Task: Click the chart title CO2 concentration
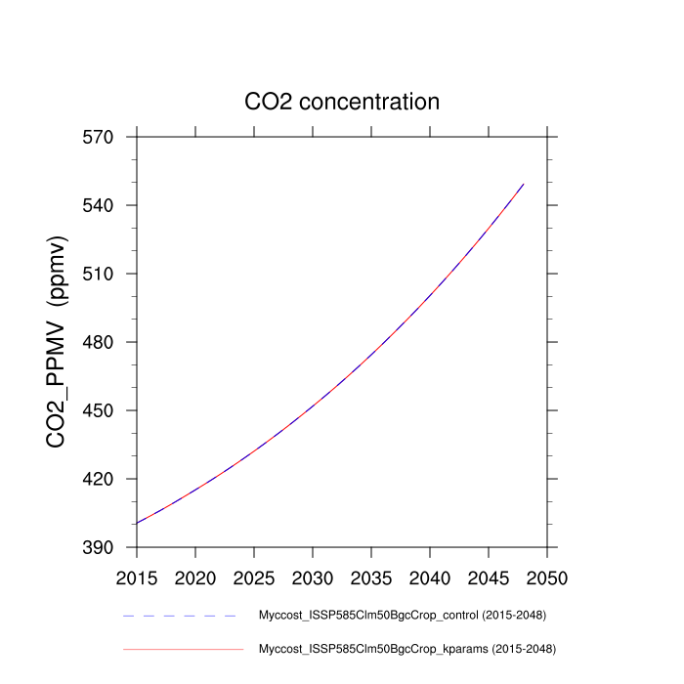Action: pos(342,102)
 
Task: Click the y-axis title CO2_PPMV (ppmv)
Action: pos(57,342)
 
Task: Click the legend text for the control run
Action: pos(401,616)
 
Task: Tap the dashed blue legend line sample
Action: pos(181,616)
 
